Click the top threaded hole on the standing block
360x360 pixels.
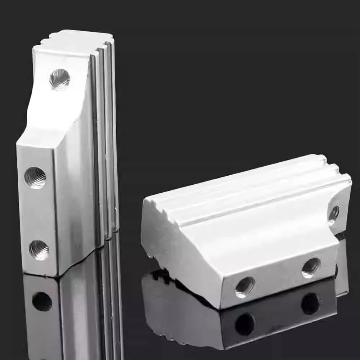60,79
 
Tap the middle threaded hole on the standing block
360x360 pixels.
35,177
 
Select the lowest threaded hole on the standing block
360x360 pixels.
39,250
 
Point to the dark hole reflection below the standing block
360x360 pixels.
42,301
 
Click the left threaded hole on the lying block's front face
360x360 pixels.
245,287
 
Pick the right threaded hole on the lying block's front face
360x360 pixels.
311,267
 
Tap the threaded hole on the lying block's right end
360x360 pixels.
334,213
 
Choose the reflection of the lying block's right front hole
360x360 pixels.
310,303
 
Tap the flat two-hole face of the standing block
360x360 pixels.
36,212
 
